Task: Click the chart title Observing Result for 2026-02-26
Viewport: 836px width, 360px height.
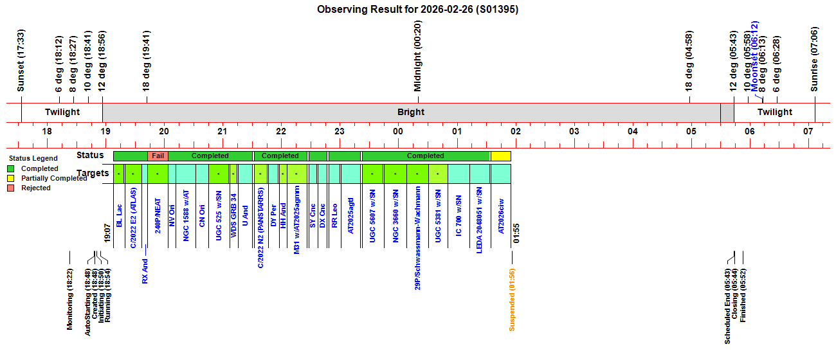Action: coord(417,10)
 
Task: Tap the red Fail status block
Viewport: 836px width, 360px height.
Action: coord(158,156)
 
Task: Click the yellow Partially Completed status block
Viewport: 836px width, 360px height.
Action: coord(500,156)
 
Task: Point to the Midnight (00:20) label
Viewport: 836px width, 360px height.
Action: coord(417,57)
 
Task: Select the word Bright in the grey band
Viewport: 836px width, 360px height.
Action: coord(411,113)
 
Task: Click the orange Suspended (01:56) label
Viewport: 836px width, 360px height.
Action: coord(512,300)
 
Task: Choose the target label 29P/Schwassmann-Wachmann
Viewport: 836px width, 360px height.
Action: coord(417,238)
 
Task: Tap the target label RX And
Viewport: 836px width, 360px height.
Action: coord(145,271)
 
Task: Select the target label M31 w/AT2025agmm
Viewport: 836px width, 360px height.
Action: coord(296,222)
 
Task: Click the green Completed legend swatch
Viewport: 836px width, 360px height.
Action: coord(11,168)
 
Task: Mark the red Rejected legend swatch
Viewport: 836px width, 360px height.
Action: coord(11,188)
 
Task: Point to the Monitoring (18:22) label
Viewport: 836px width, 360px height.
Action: coord(70,300)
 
